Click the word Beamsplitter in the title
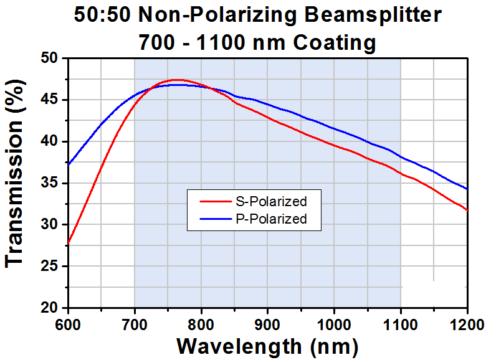click(x=373, y=15)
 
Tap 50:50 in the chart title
click(x=102, y=14)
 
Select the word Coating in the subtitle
click(x=335, y=43)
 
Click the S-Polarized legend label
click(x=271, y=201)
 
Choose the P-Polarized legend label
click(x=271, y=219)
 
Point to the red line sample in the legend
click(x=216, y=202)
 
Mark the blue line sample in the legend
click(x=216, y=219)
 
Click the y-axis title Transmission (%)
click(x=14, y=174)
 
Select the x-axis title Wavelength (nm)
click(x=267, y=346)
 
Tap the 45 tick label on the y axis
click(x=49, y=100)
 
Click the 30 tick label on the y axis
click(x=49, y=224)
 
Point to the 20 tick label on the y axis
click(x=49, y=307)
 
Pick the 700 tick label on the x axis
click(x=135, y=325)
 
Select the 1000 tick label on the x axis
click(x=334, y=325)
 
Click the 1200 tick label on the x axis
click(x=467, y=325)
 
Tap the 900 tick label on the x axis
click(x=267, y=325)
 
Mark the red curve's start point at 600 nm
click(x=68, y=242)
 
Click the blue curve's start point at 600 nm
click(x=68, y=164)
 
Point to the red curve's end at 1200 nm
click(x=467, y=211)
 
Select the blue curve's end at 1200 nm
click(x=467, y=189)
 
